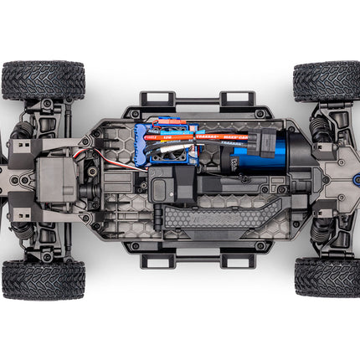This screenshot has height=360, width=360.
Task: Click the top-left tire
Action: [x=43, y=80]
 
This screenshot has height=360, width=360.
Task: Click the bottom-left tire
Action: [x=43, y=279]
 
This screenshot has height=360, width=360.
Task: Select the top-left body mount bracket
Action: [x=157, y=101]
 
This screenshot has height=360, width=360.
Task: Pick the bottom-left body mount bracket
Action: [x=157, y=259]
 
